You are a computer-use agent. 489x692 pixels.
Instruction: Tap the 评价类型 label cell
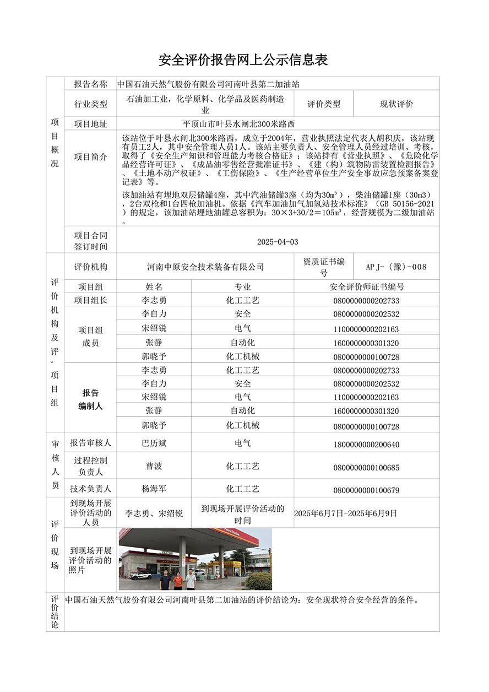tap(323, 104)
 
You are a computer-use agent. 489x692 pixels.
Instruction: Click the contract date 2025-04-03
tap(278, 242)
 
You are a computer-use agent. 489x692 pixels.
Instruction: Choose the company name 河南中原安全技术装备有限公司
tap(205, 267)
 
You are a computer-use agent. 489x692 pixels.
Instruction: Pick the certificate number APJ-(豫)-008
tap(396, 267)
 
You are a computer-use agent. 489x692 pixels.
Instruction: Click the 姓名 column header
tap(154, 287)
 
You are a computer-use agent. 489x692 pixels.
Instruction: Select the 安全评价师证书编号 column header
tap(366, 287)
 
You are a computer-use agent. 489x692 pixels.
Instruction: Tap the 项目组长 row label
tap(91, 300)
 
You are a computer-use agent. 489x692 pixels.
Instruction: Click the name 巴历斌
tap(154, 444)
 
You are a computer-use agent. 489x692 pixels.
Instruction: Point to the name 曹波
tap(154, 466)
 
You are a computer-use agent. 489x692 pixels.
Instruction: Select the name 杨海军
tap(154, 489)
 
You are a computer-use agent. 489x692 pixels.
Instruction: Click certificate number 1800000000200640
tap(366, 445)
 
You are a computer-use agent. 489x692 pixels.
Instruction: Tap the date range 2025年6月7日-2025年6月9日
tap(345, 513)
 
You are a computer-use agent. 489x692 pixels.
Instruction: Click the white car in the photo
tap(140, 575)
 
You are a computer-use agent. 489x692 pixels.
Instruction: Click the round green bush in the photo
tap(258, 581)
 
